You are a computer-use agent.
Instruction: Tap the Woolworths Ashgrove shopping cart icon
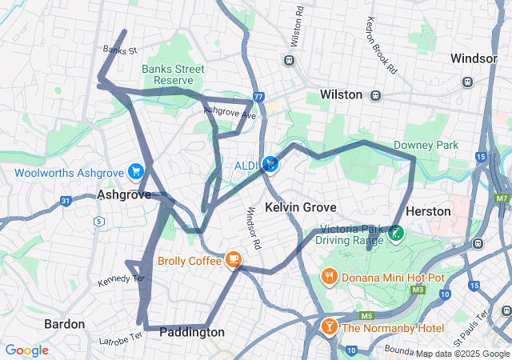136,172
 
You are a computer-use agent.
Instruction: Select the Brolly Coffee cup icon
233,259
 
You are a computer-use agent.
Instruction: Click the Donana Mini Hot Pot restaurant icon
329,277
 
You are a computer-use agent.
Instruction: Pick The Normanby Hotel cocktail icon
329,327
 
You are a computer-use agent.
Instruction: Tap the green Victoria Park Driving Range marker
396,233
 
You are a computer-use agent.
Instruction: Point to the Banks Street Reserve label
168,74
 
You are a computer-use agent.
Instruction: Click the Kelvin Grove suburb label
299,207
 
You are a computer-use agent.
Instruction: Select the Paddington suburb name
192,332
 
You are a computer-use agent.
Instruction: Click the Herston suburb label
429,211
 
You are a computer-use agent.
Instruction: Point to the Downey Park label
426,145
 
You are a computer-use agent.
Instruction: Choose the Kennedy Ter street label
120,280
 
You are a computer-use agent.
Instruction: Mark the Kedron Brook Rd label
381,46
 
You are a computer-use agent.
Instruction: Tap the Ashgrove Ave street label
230,114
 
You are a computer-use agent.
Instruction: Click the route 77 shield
258,97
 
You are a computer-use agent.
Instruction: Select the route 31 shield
66,200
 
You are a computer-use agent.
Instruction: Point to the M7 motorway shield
502,198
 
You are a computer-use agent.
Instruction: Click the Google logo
26,350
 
